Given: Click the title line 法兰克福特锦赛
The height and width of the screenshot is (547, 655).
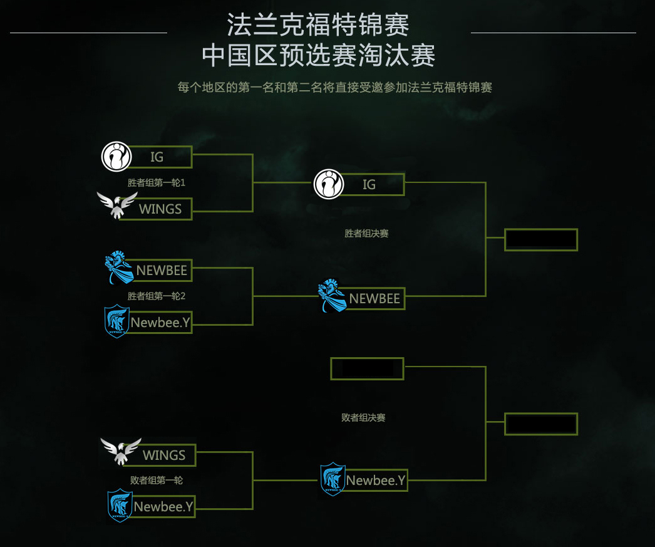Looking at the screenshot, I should click(x=318, y=26).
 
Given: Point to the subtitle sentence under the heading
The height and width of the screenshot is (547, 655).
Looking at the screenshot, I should click(x=334, y=87).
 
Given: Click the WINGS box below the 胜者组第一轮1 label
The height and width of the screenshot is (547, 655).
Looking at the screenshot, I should click(x=161, y=209).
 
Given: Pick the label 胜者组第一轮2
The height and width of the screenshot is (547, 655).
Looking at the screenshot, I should click(x=157, y=296).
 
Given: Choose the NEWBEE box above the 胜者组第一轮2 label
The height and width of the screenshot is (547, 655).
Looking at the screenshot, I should click(x=162, y=271).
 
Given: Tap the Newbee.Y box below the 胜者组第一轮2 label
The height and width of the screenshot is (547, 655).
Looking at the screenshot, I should click(x=161, y=323).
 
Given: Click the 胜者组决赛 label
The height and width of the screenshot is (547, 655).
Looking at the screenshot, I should click(x=366, y=234).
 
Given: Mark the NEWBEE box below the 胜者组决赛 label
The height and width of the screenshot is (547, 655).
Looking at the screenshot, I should click(x=374, y=299).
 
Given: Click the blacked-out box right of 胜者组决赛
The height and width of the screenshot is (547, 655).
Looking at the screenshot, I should click(x=541, y=240).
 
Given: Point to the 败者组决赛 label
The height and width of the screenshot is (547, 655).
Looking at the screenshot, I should click(x=363, y=417).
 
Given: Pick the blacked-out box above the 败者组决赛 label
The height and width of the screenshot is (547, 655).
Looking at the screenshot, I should click(x=368, y=368).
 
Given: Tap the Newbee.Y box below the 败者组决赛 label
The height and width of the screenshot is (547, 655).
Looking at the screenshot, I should click(x=376, y=481).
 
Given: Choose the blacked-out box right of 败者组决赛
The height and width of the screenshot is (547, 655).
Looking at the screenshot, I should click(x=541, y=424).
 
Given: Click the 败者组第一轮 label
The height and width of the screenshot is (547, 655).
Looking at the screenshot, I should click(x=157, y=481).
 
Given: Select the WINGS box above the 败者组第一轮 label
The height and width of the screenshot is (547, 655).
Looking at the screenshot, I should click(x=164, y=455).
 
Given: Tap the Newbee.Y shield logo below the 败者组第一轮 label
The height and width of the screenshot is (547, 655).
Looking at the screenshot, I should click(x=120, y=506).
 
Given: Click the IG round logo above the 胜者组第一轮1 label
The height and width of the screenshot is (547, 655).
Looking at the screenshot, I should click(x=116, y=157).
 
